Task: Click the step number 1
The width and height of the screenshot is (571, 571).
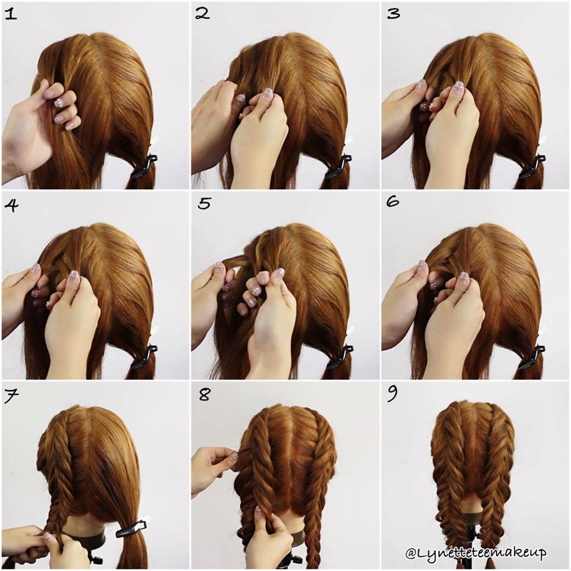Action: point(11,14)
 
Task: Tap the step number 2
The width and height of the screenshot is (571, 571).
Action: point(202,14)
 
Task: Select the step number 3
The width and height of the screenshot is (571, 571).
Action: point(393,14)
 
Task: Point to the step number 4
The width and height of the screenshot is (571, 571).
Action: point(11,205)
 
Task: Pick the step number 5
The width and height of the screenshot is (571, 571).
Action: point(204,203)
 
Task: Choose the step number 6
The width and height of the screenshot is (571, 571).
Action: point(392,202)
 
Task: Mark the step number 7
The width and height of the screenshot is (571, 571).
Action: point(11,396)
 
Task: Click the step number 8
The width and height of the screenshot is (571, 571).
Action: point(204,394)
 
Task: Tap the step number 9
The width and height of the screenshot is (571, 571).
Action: point(392,394)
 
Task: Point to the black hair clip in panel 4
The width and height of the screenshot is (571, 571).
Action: point(144,357)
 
